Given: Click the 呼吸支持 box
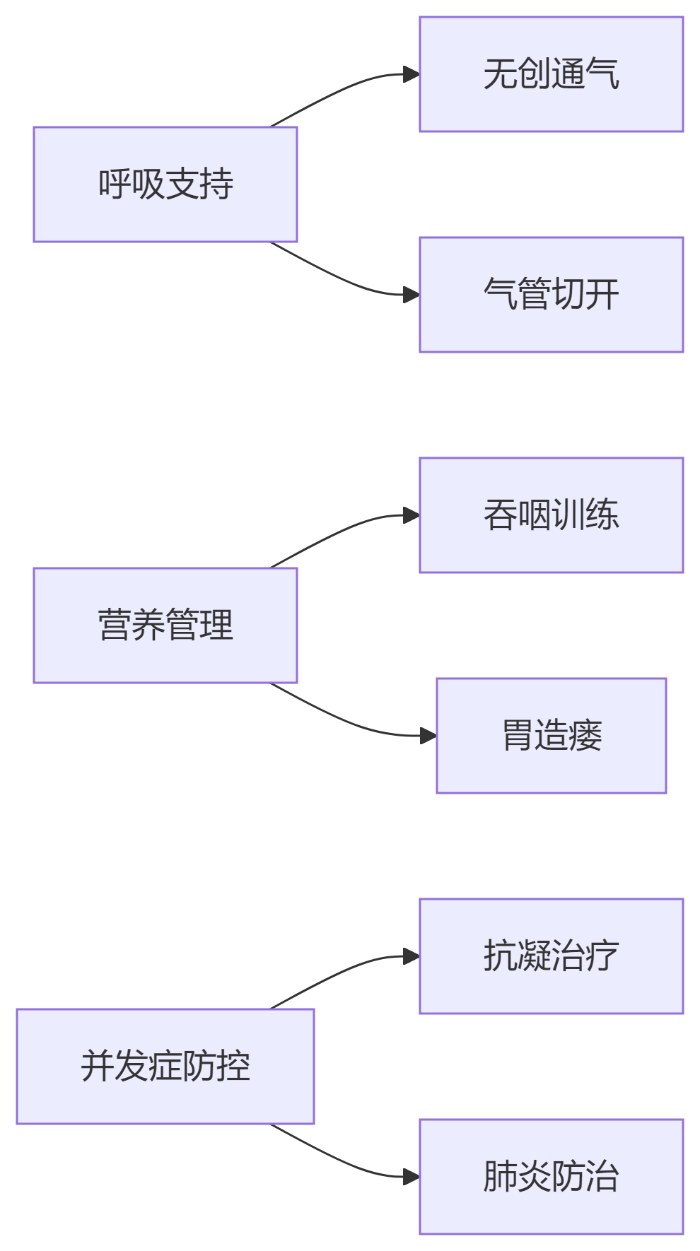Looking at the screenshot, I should pos(165,184).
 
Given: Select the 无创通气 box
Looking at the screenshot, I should pos(551,74).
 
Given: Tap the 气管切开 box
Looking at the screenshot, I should pos(551,295).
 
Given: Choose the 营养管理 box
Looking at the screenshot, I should pos(165,625).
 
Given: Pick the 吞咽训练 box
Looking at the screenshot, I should pos(551,515).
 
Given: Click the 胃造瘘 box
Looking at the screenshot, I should pos(551,736).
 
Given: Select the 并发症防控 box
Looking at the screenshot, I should pos(165,1067).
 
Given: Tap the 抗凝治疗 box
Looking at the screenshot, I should pos(551,956).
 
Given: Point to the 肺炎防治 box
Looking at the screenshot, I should pos(551,1177).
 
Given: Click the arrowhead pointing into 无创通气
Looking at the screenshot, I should pos(412,74).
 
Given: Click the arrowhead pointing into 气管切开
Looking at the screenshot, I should pos(412,295).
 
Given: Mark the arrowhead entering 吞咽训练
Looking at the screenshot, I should pos(412,515).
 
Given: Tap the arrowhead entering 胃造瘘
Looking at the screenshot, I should pos(428,736).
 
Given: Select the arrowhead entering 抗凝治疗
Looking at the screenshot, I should pos(412,956).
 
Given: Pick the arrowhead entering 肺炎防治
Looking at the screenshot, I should pos(412,1177).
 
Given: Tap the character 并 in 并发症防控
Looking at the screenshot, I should pos(97,1067).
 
